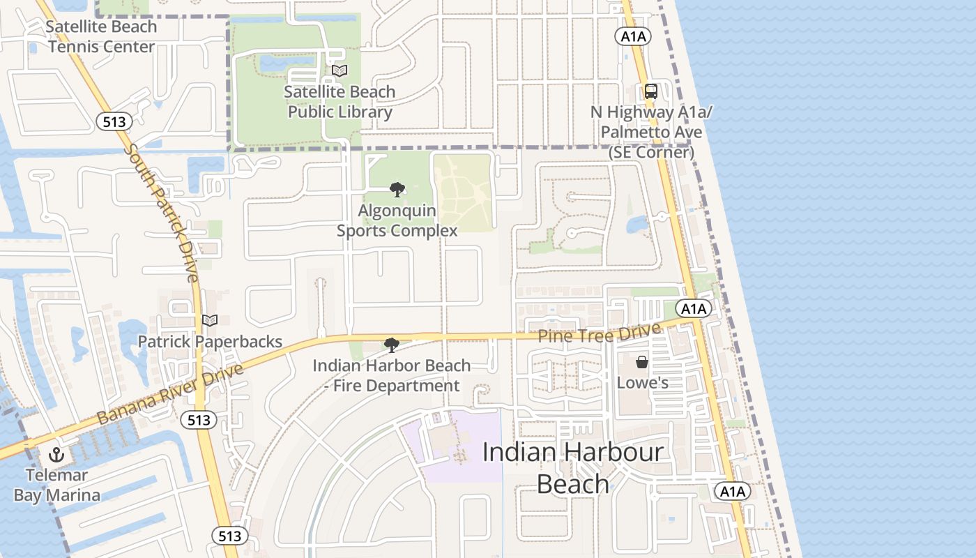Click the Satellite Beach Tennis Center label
click(101, 37)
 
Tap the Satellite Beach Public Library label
click(340, 102)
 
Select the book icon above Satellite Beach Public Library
click(340, 70)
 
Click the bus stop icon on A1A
click(650, 91)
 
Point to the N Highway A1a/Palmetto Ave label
click(651, 132)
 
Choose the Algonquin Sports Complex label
click(397, 220)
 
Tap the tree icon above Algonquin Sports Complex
click(397, 189)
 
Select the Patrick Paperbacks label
click(210, 341)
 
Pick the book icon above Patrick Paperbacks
click(210, 320)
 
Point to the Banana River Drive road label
click(171, 393)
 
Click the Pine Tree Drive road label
click(599, 334)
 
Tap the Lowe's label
click(643, 383)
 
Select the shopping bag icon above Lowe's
click(642, 362)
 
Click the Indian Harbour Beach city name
click(573, 467)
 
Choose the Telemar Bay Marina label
click(57, 485)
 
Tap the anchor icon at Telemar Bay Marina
click(56, 455)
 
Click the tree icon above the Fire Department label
click(392, 345)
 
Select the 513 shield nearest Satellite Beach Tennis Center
click(114, 122)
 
